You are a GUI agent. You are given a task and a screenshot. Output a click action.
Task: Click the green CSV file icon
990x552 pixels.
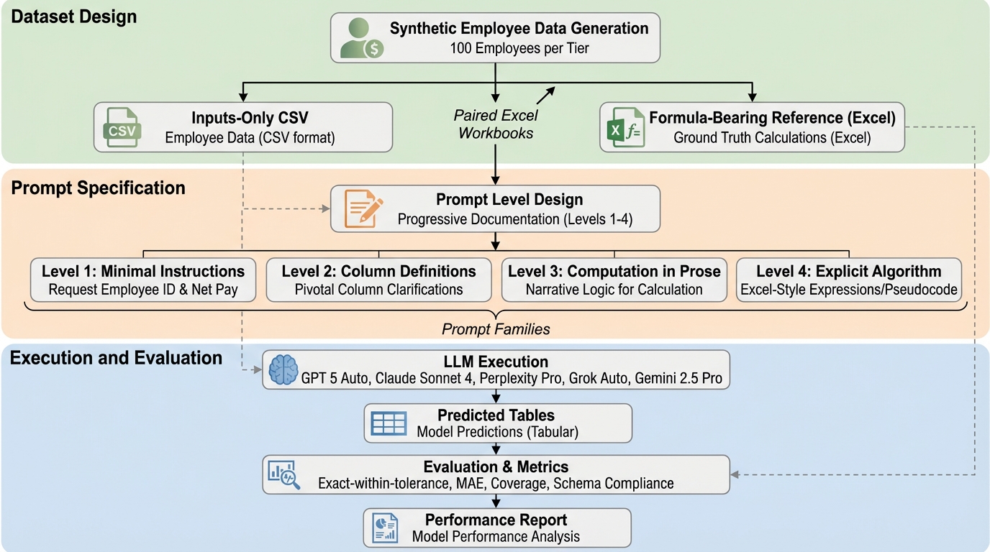click(122, 127)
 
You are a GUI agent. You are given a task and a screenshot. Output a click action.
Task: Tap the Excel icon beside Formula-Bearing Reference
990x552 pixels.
click(624, 128)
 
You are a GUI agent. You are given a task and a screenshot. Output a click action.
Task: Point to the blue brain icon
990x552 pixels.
click(282, 369)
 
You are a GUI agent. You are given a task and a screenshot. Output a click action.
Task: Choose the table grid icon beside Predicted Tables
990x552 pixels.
click(389, 423)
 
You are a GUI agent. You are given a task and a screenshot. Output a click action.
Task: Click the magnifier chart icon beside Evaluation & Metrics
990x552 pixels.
click(283, 474)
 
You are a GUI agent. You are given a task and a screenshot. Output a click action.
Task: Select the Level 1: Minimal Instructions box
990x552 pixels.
click(143, 280)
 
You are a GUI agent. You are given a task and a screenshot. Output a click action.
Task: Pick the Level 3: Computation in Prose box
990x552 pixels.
click(614, 280)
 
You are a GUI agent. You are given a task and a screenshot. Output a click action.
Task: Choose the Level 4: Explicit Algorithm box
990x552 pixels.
click(848, 280)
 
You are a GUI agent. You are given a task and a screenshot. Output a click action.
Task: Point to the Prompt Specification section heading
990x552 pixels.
click(98, 188)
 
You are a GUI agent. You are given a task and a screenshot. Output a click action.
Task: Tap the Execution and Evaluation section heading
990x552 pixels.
click(116, 357)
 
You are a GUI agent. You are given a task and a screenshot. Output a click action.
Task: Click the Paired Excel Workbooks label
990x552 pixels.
click(496, 124)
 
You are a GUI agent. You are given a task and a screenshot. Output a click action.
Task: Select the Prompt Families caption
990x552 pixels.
click(495, 329)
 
